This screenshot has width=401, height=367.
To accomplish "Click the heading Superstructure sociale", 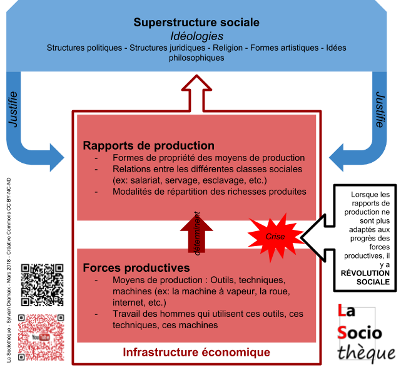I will (196, 23).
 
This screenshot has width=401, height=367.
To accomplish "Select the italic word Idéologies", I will (196, 36).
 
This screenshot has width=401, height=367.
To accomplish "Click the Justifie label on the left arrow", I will (14, 110).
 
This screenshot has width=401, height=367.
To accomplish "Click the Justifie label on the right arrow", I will (380, 110).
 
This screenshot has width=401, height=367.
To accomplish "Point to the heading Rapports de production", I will (149, 146).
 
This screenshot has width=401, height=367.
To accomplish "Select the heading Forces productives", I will (136, 267).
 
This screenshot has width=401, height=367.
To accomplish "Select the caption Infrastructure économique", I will (196, 352).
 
